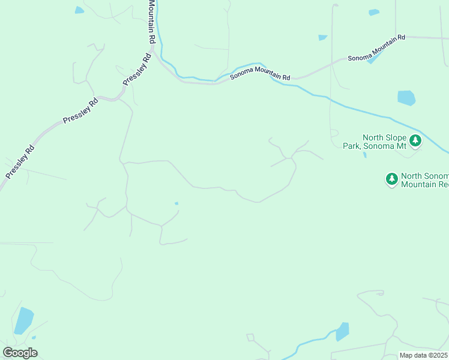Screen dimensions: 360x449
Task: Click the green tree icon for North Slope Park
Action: pos(415,142)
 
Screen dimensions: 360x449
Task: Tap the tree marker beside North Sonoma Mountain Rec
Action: pos(391,179)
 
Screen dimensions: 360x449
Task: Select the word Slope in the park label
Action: pos(396,137)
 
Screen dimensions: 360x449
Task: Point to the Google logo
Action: pos(20,352)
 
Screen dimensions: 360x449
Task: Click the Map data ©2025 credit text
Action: pos(423,355)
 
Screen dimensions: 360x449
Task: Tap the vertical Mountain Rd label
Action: pos(152,21)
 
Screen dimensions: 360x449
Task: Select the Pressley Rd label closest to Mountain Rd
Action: pos(137,70)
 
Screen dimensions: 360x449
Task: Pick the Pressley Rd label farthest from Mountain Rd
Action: pos(21,161)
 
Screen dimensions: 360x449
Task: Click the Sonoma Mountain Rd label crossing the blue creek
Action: pos(261,73)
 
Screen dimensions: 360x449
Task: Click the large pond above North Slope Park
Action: pos(406,98)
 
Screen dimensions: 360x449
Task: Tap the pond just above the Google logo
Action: pos(23,320)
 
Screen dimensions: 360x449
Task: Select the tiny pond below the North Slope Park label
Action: pos(365,155)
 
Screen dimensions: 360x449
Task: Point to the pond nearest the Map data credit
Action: pos(342,331)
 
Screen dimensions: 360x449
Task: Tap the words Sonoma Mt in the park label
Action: pos(393,146)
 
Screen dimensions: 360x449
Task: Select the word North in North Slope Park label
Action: pos(371,137)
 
